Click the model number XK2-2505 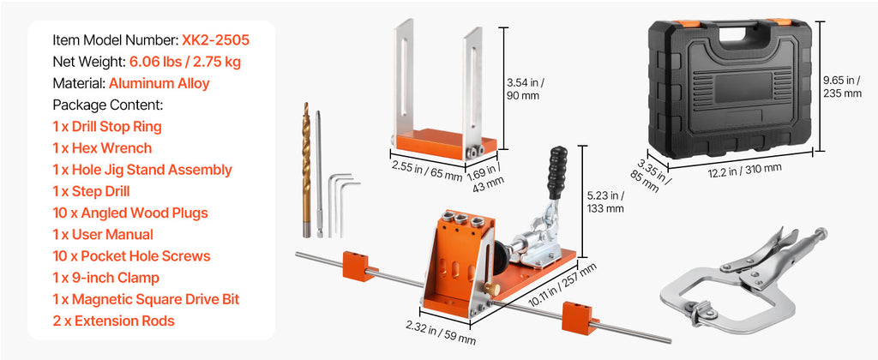[x=215, y=40]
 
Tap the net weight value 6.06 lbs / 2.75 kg [x=185, y=62]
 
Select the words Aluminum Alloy [x=159, y=83]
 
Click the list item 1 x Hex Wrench [x=103, y=148]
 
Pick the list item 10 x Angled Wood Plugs [x=130, y=213]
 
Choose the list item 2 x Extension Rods [x=114, y=321]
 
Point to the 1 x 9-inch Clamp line [x=106, y=278]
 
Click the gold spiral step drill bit [x=306, y=169]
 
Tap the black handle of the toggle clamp [x=557, y=172]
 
